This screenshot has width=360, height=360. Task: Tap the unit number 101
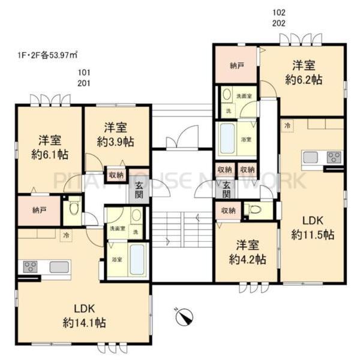pyautogui.click(x=84, y=74)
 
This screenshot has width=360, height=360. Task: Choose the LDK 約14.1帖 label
pyautogui.click(x=84, y=316)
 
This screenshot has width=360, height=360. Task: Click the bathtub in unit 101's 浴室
pyautogui.click(x=137, y=259)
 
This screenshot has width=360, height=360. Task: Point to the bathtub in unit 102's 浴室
pyautogui.click(x=227, y=139)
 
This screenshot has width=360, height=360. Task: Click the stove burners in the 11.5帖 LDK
pyautogui.click(x=334, y=157)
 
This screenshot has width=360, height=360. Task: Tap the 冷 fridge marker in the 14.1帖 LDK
pyautogui.click(x=66, y=236)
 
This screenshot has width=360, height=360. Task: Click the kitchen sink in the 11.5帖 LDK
pyautogui.click(x=310, y=157)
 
